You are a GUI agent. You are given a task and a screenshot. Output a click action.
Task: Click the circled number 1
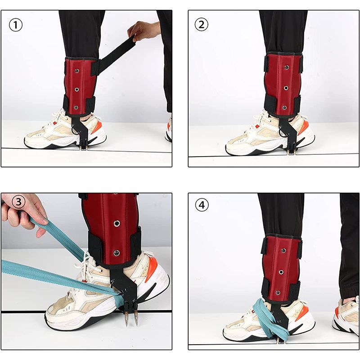16,25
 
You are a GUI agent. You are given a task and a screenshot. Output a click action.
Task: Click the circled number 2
201,24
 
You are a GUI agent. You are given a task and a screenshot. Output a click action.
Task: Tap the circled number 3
18,202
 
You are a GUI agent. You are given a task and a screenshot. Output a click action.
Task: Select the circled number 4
202,205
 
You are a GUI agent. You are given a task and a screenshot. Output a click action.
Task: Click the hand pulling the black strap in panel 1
143,31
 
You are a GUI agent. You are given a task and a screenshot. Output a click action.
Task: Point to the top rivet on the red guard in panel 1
77,71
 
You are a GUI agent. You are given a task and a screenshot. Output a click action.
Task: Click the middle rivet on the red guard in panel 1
76,89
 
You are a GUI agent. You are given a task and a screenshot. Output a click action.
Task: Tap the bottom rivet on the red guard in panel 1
76,107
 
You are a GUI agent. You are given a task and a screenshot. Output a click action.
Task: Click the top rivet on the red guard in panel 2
287,67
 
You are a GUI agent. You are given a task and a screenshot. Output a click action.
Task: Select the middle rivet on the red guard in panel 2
286,88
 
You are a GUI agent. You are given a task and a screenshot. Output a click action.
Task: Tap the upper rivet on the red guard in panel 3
117,223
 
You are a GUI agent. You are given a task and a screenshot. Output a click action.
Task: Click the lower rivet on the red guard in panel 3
117,253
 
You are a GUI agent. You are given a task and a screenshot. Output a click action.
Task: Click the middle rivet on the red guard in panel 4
281,272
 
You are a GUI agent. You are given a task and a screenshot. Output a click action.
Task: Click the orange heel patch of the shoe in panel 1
97,127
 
